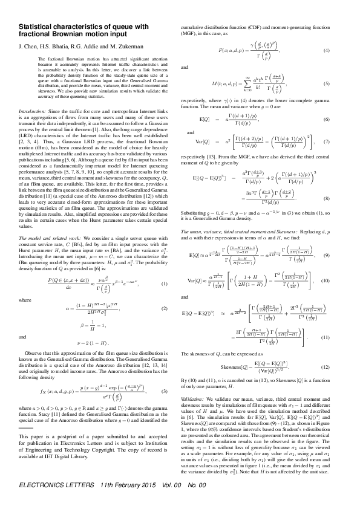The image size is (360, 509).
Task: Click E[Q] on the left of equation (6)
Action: pyautogui.click(x=205, y=121)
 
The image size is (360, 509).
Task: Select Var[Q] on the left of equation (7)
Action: pyautogui.click(x=208, y=143)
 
